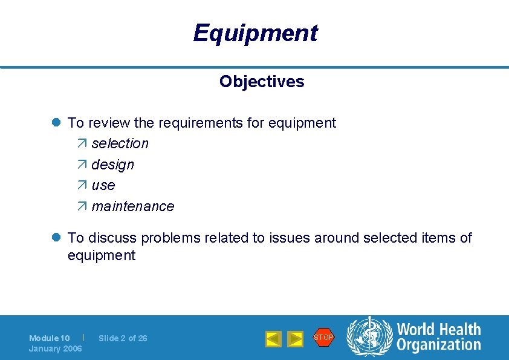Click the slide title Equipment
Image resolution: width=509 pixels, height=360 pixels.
tap(254, 33)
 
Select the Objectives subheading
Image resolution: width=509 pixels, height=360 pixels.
tap(262, 82)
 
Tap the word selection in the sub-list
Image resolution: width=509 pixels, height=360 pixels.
tap(120, 143)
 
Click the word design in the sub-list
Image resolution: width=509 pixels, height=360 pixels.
tap(112, 165)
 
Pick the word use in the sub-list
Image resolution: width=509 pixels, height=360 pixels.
tap(103, 185)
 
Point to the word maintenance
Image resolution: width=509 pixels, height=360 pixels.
tap(132, 206)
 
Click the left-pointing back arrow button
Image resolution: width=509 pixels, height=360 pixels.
tap(273, 339)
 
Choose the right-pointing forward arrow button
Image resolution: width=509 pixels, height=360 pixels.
tap(295, 339)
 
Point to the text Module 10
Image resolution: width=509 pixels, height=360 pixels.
tap(49, 338)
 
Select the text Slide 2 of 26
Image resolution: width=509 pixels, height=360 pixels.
tap(123, 338)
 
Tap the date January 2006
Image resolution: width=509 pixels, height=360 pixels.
tap(55, 349)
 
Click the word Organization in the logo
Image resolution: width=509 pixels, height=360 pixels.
tap(438, 345)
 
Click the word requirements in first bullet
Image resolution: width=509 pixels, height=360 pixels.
tap(201, 123)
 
